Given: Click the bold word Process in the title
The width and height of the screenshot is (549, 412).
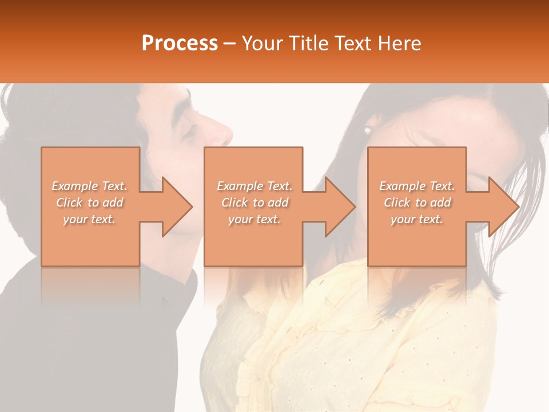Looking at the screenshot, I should coord(180,43).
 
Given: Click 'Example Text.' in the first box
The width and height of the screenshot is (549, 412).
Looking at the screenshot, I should coord(89,186).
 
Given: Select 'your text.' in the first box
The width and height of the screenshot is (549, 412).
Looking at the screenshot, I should coord(89,219).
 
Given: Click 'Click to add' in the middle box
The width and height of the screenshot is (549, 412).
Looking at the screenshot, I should coord(254,203).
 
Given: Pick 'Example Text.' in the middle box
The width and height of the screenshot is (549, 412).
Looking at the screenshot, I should coord(254,186).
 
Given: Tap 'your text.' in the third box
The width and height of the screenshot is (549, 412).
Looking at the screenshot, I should coord(417,219).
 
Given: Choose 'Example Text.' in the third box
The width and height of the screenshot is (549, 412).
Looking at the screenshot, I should coord(417,186).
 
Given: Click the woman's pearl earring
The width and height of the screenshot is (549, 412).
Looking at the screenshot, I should coord(368,131).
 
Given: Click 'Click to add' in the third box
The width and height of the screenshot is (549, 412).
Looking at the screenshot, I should coord(417,203).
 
